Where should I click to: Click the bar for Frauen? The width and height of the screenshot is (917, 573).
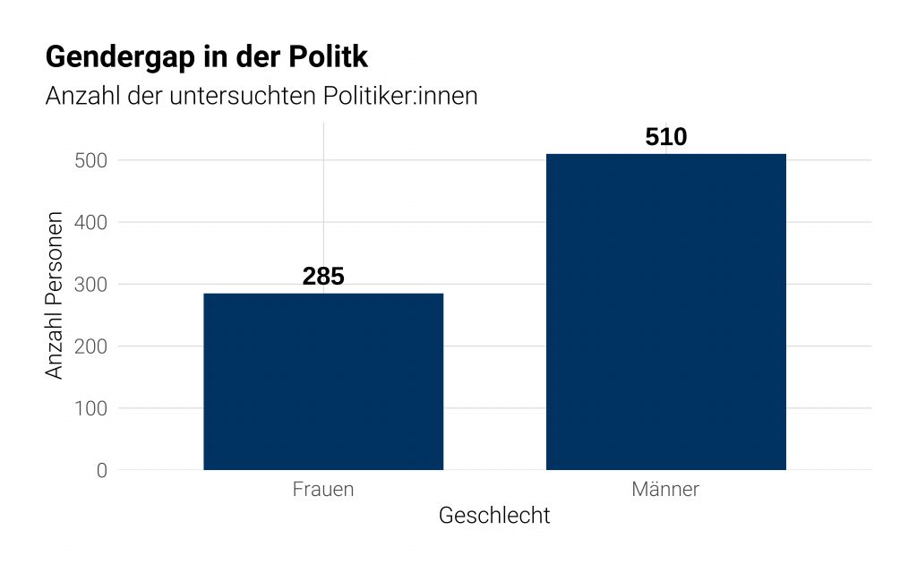323,381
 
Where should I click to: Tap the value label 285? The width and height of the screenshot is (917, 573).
323,277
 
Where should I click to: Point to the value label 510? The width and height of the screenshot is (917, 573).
666,137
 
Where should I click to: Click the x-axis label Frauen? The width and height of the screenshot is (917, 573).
323,490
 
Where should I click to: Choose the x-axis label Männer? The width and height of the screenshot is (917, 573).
665,490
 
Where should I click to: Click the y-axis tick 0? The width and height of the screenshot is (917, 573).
101,470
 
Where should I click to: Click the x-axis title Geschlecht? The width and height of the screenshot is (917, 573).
494,517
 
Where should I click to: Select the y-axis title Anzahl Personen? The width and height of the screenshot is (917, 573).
55,295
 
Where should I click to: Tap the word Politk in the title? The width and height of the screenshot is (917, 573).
329,57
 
